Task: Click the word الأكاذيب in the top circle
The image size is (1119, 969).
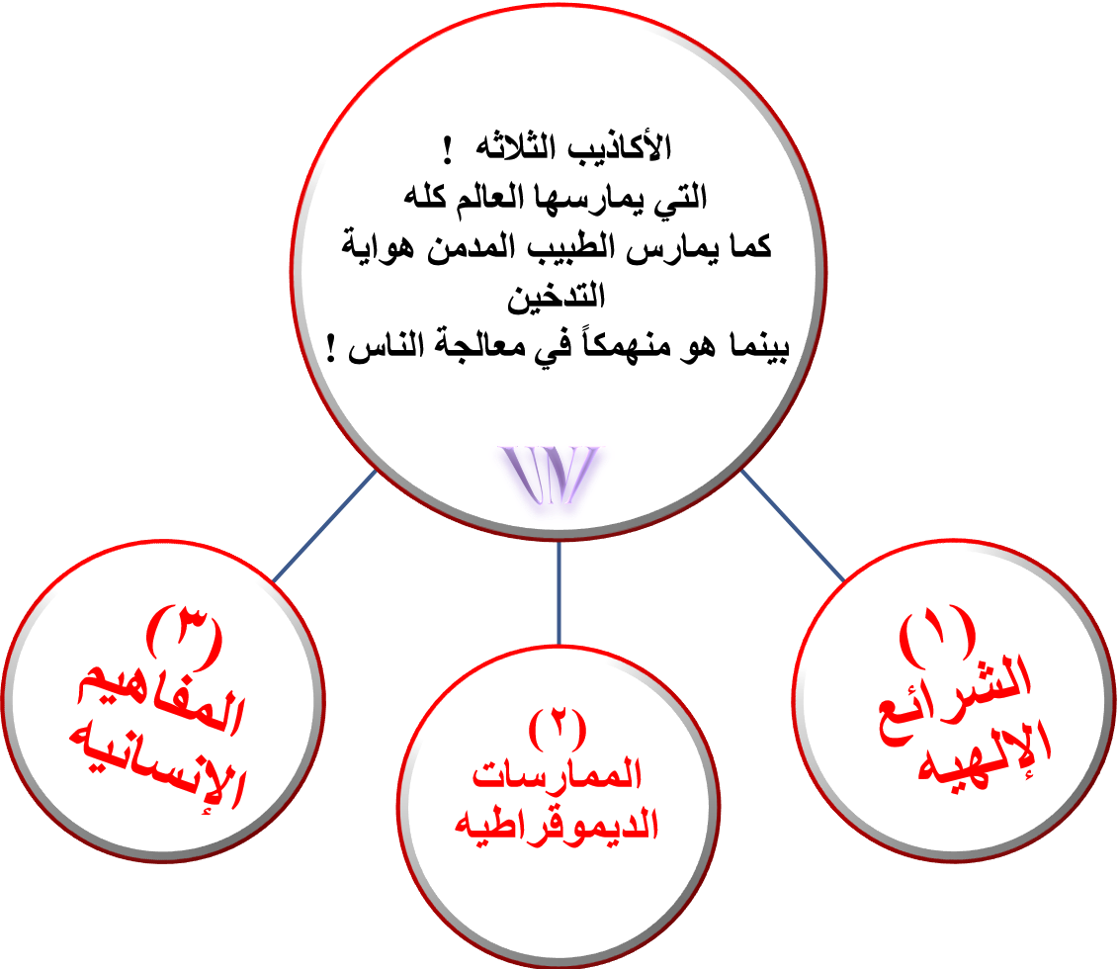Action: coord(620,146)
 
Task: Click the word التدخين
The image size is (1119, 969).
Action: coord(556,296)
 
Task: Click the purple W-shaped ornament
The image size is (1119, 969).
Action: coord(551,475)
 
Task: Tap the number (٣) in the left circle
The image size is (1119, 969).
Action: coord(184,633)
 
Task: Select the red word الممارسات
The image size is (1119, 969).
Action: coord(558,774)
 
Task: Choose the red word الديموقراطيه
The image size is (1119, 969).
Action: coord(557,824)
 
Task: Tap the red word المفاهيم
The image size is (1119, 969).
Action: coord(161,703)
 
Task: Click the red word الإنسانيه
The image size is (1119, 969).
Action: coord(157,768)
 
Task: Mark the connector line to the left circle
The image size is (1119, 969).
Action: coord(324,525)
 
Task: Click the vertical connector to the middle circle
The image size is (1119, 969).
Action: coord(559,592)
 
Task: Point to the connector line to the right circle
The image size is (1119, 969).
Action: coord(792,525)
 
